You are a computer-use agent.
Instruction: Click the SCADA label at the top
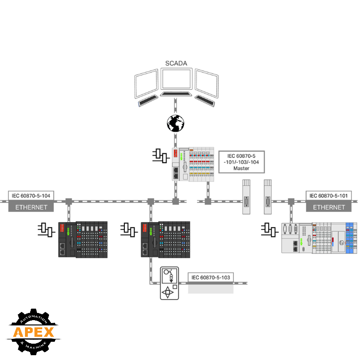[176, 63]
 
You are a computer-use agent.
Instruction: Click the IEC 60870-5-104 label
[31, 196]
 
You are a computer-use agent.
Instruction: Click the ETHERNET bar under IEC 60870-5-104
[31, 207]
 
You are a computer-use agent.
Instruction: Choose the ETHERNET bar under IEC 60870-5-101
[329, 207]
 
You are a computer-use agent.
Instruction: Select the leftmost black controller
[83, 239]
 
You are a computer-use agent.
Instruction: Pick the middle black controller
[165, 239]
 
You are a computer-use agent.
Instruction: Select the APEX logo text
[33, 332]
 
